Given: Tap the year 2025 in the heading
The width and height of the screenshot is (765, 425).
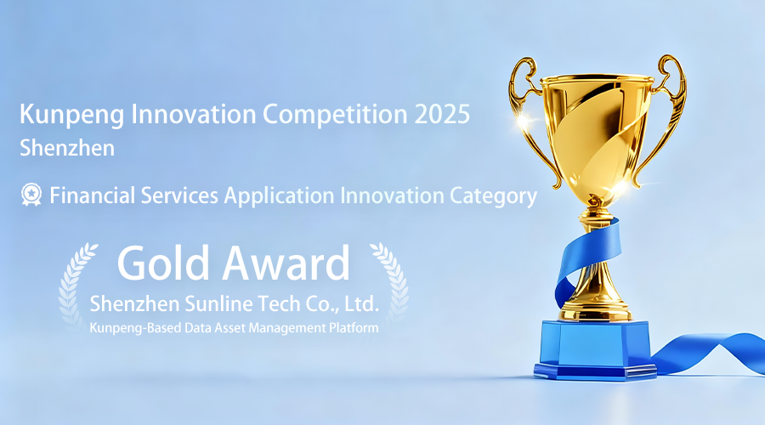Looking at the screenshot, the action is pos(442,114).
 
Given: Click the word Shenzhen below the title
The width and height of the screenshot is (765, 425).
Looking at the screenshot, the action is pos(67,148).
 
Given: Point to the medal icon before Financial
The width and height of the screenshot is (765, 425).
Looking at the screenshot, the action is pos(31,194).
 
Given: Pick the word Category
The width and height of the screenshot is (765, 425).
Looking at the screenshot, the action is pos(493,196).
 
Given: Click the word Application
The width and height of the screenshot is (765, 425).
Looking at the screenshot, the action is pos(279,196).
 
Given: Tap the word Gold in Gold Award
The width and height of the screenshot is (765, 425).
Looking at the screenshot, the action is pos(163,263).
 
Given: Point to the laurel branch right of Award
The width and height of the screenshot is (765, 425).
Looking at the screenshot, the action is pos(394,283).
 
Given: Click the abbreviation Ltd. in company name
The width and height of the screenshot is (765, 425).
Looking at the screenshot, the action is pos(361,304).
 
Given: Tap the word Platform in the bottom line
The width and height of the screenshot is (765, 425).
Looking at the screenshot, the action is pos(354,328).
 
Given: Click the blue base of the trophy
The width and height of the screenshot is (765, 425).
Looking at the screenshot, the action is pos(595,349).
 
